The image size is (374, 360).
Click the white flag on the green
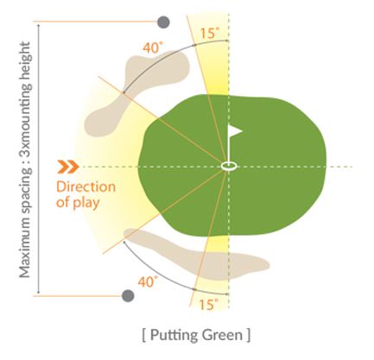point(234,131)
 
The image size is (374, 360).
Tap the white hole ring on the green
point(229,166)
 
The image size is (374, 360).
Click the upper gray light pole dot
point(163,22)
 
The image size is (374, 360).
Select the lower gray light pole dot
point(128,296)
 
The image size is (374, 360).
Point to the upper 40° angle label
point(151,47)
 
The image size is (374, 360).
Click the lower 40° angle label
point(148,281)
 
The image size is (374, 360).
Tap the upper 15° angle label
point(210,33)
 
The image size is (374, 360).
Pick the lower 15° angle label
point(209,305)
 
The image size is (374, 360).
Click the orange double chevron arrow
point(68,167)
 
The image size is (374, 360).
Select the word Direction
point(86,186)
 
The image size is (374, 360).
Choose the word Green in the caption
point(222,335)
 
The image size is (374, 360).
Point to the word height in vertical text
point(25,60)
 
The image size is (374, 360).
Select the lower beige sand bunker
point(197,254)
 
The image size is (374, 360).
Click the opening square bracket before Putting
point(144,336)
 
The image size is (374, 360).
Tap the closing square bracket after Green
point(248,336)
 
